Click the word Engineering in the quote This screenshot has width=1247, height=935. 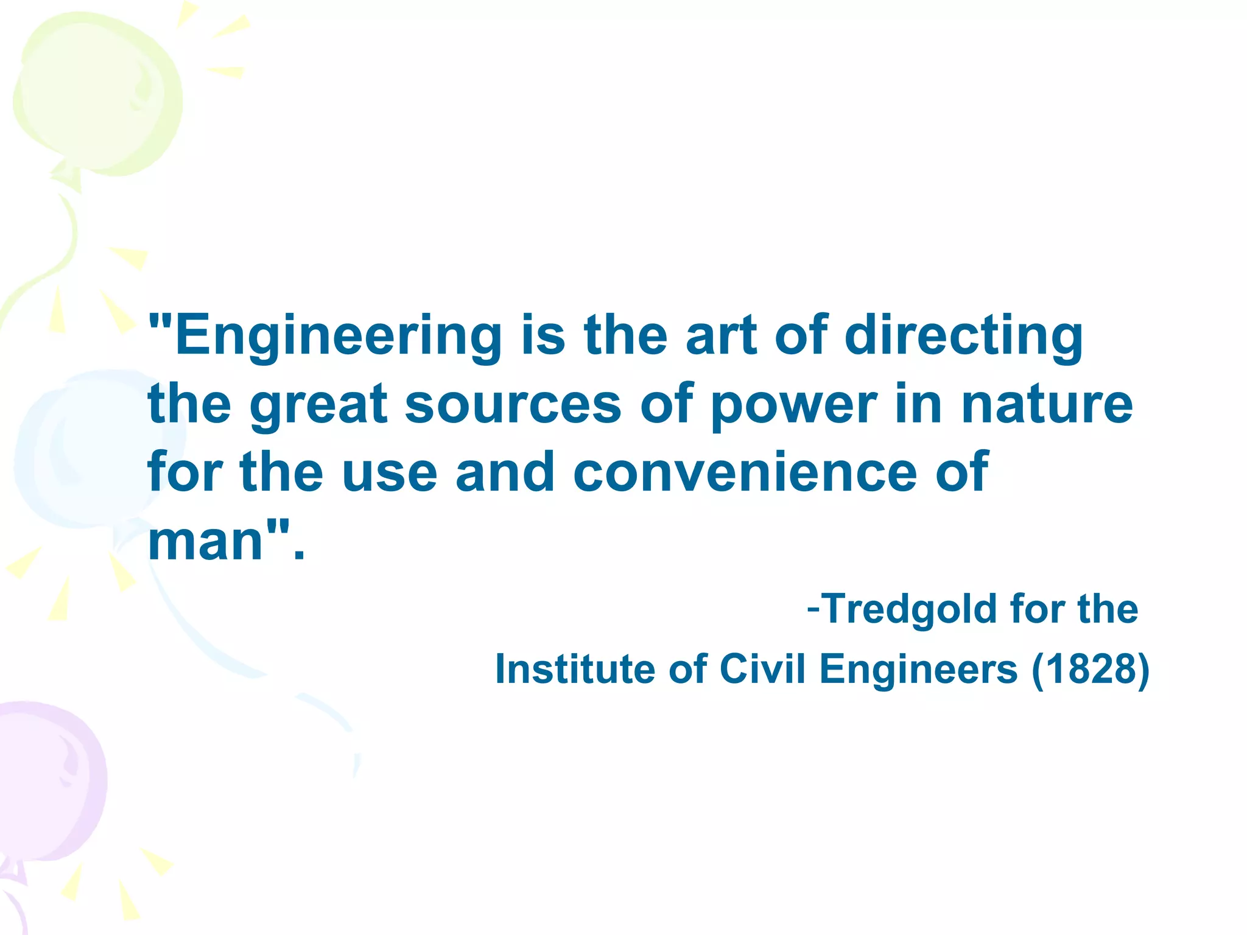pos(338,337)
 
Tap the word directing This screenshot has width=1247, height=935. pos(963,337)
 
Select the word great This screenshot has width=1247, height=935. pos(318,405)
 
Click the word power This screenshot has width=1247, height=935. pos(794,405)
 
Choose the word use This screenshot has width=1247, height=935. pos(390,473)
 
